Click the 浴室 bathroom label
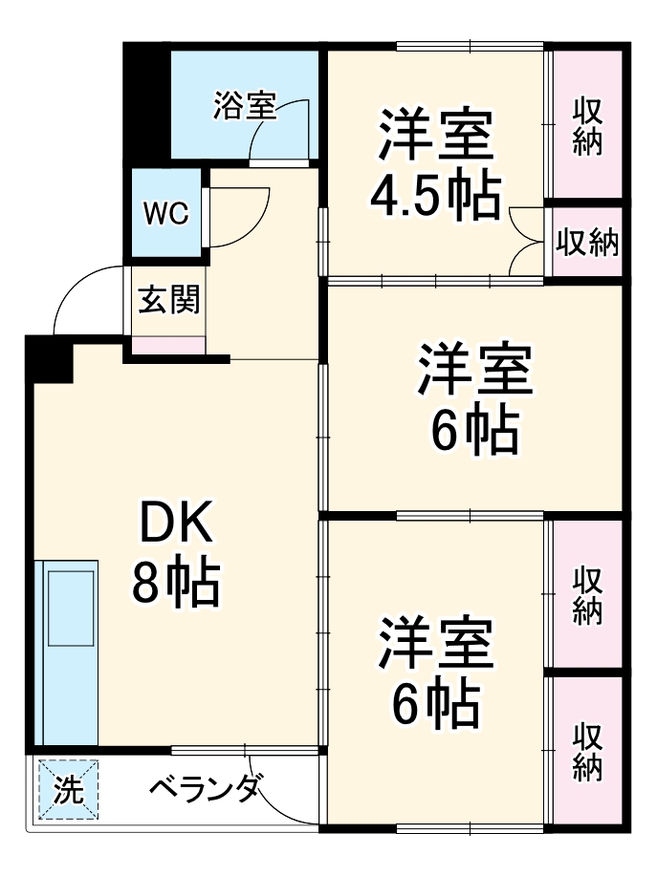[x=244, y=105]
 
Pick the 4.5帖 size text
[x=435, y=196]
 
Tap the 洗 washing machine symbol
[x=68, y=789]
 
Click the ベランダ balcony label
[x=205, y=789]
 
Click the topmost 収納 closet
[x=585, y=124]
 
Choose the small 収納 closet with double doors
[x=587, y=243]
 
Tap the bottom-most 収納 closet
[x=587, y=751]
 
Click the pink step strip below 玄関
[x=168, y=345]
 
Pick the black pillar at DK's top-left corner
[x=50, y=357]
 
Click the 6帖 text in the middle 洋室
[x=473, y=433]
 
